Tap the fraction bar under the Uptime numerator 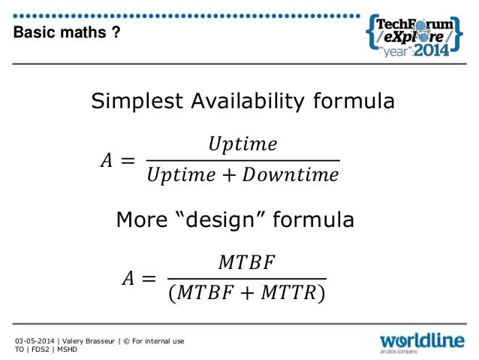(243, 160)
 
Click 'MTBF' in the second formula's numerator (247, 262)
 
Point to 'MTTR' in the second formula (288, 295)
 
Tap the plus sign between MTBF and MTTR (246, 295)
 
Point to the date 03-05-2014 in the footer (34, 341)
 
